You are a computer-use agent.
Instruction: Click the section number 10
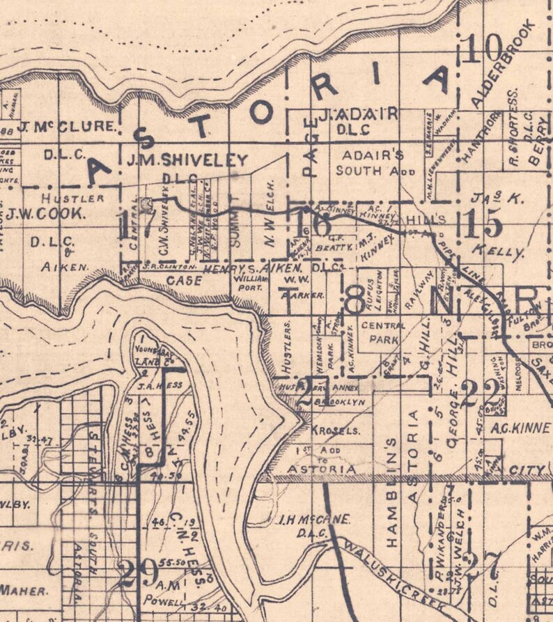[485, 48]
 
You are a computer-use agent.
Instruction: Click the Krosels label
[336, 430]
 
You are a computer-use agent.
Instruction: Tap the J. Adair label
[358, 114]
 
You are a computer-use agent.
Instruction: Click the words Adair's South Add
[375, 162]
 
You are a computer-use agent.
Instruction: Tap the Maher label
[23, 591]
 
